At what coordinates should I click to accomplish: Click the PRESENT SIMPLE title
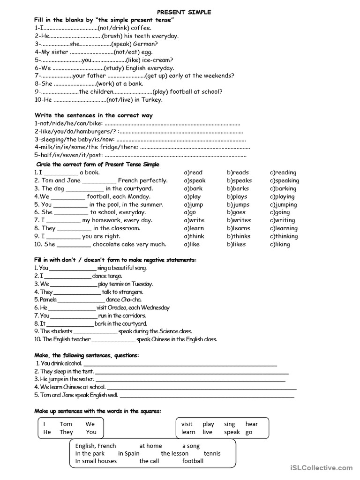click(x=184, y=12)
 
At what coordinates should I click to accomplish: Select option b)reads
click(x=238, y=172)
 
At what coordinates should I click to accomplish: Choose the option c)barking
click(x=283, y=188)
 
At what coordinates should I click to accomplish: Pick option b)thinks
click(x=239, y=236)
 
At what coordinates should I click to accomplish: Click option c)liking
click(x=280, y=244)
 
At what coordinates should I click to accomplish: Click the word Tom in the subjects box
click(x=66, y=424)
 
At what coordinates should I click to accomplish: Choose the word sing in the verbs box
click(x=229, y=424)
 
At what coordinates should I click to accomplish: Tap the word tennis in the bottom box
click(x=212, y=453)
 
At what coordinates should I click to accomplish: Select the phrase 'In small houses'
click(x=96, y=461)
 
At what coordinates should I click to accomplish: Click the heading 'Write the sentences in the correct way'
click(x=94, y=115)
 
